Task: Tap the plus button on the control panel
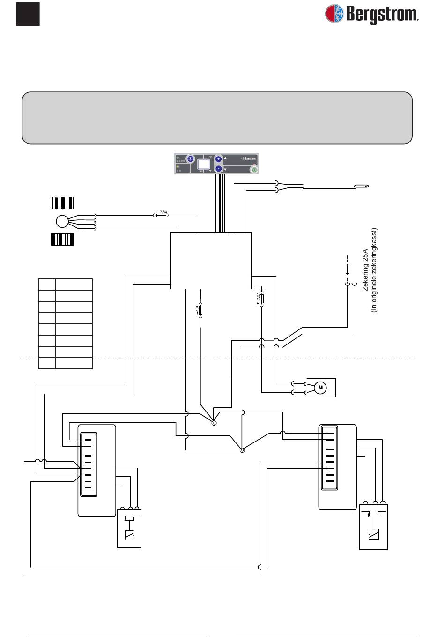[x=218, y=159]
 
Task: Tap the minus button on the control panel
[x=218, y=169]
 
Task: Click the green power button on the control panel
[x=254, y=170]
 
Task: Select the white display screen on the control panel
[x=203, y=165]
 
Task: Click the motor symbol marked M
[x=320, y=387]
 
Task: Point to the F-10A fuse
[x=200, y=310]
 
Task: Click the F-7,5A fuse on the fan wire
[x=161, y=215]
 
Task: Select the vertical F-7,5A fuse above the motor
[x=262, y=299]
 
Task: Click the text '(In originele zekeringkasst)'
[x=374, y=270]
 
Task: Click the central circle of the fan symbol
[x=62, y=221]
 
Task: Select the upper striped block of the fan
[x=62, y=202]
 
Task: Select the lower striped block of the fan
[x=62, y=240]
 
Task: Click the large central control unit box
[x=210, y=261]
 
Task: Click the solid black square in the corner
[x=28, y=14]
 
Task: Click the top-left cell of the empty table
[x=46, y=285]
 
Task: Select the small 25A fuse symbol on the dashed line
[x=347, y=270]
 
